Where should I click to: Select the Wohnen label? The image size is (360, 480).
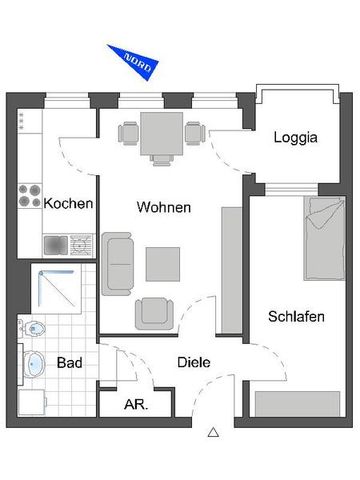tap(163, 209)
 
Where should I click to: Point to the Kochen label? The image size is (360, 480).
tap(69, 203)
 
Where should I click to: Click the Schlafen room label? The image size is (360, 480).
tap(296, 317)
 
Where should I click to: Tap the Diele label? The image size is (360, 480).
tap(193, 362)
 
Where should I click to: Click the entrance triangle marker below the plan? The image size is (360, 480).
tap(213, 433)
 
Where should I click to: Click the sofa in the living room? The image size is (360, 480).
tap(119, 263)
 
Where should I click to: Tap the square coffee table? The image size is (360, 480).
tap(162, 263)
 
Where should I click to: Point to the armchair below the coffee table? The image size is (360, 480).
tap(155, 312)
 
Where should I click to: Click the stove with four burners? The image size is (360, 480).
tap(31, 194)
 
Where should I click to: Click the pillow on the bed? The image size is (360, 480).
tap(322, 212)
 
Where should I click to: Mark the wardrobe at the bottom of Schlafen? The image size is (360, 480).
tap(297, 403)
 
